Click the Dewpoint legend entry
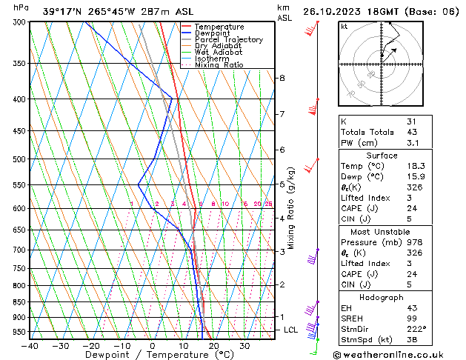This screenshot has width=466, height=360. point(213,33)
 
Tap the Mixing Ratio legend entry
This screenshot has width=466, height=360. point(219,65)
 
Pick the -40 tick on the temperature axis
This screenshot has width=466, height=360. point(30,346)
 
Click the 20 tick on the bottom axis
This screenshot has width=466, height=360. point(213,346)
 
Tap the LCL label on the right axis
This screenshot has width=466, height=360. point(290,330)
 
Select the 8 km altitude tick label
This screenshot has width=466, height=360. point(282,78)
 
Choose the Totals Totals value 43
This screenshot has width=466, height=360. point(411,132)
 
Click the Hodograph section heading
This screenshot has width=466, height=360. point(382,297)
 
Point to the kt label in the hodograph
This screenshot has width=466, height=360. point(344,27)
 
